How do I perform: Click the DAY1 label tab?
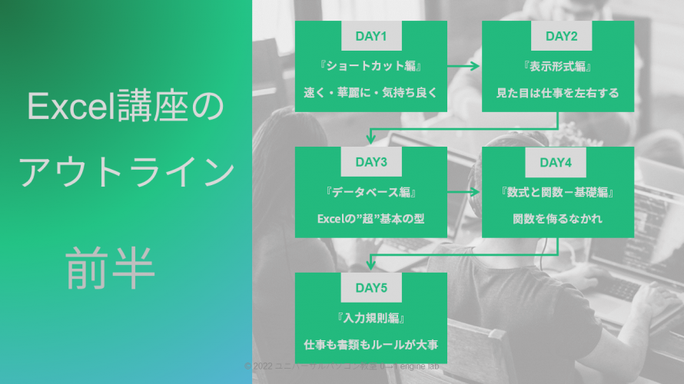point(370,36)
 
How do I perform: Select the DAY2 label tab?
point(557,36)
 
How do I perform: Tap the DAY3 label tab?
point(370,162)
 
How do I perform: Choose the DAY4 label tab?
point(557,162)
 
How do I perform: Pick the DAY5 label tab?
point(370,288)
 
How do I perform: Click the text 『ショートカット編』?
point(370,65)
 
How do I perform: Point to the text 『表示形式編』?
point(557,65)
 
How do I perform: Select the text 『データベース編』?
point(370,191)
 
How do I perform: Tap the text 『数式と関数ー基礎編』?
point(557,191)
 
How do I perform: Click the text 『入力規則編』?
point(370,317)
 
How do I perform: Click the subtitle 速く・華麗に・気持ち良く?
point(370,93)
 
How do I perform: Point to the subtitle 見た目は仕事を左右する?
point(557,93)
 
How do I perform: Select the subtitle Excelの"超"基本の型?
point(370,219)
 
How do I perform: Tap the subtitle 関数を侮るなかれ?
point(557,219)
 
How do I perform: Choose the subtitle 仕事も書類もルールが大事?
point(370,345)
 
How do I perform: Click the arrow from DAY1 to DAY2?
point(464,66)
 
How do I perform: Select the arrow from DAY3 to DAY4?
point(464,192)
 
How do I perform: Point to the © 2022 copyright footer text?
point(342,366)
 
